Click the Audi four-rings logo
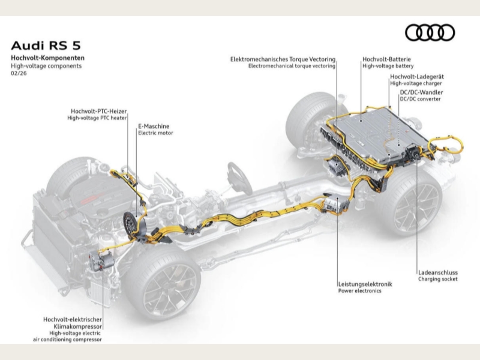point(430,33)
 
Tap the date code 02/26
point(18,73)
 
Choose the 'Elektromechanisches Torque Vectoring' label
point(283,59)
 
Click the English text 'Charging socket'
point(438,279)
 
